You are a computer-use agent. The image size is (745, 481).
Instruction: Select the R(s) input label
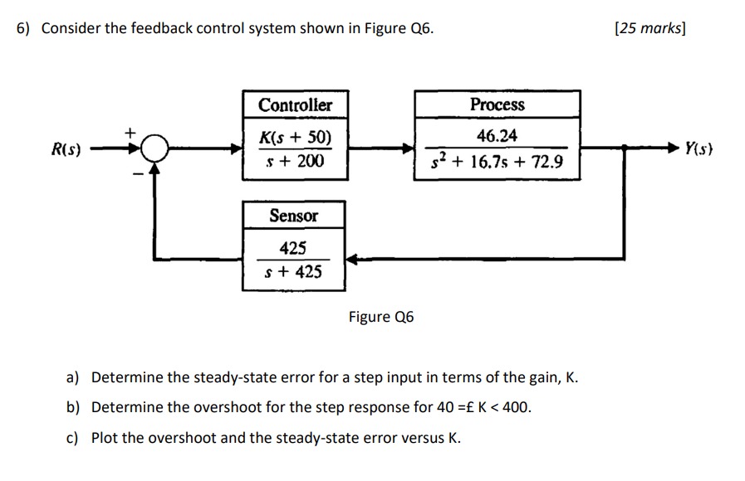coord(66,150)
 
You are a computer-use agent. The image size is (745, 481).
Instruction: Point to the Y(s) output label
coord(698,149)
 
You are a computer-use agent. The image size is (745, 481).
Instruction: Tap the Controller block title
coord(295,105)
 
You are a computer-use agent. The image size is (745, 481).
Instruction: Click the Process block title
coord(497,105)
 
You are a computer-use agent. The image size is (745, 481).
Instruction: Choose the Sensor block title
coord(294,216)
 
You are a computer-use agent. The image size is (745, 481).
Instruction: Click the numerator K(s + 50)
coord(295,137)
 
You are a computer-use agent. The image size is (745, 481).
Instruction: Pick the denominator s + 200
coord(295,161)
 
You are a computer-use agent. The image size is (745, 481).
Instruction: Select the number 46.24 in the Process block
coord(497,136)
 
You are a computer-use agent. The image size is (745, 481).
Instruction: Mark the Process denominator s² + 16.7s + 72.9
coord(497,161)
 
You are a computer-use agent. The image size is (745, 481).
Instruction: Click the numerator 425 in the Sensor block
coord(293,248)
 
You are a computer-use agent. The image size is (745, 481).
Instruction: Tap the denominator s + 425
coord(294,272)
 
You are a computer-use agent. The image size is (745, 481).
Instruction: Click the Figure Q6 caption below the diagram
coord(381,317)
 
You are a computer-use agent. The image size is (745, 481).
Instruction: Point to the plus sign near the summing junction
coord(129,131)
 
